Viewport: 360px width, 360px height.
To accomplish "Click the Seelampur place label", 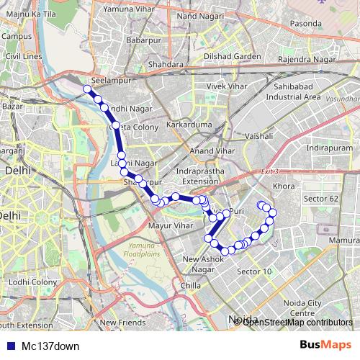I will [x=110, y=81].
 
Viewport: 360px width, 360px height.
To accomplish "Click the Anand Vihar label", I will [x=207, y=150].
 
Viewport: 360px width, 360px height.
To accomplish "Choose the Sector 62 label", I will [x=320, y=198].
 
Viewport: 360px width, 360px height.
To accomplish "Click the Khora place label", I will [x=285, y=186].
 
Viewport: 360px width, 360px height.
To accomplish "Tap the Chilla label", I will [x=192, y=285].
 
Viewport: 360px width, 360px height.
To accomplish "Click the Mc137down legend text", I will [x=50, y=346].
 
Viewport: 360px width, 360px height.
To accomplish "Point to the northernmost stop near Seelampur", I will [x=87, y=89].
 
